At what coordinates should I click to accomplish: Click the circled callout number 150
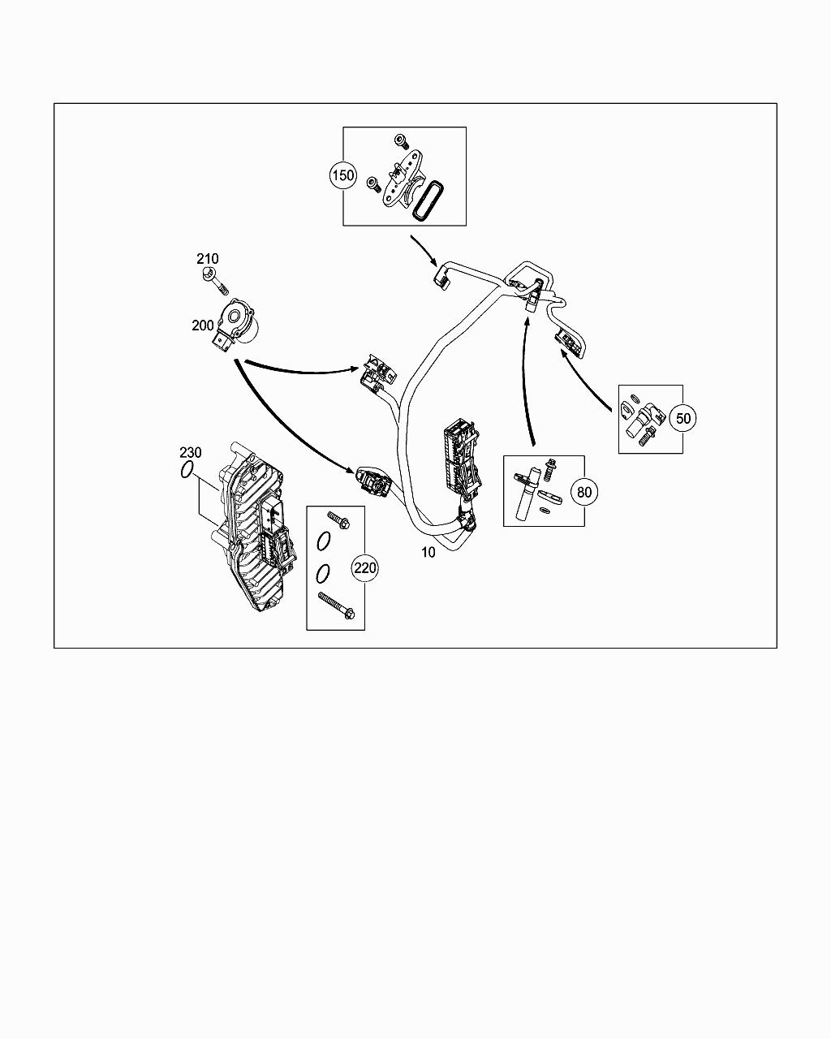343,175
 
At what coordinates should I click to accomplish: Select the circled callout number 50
684,418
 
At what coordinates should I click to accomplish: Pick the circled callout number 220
365,568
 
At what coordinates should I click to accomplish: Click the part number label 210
207,259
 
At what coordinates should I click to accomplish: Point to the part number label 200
203,325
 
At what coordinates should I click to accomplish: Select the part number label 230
191,452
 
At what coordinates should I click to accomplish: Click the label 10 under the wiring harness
428,553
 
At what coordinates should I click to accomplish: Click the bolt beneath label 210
214,279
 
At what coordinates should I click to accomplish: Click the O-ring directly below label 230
187,470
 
